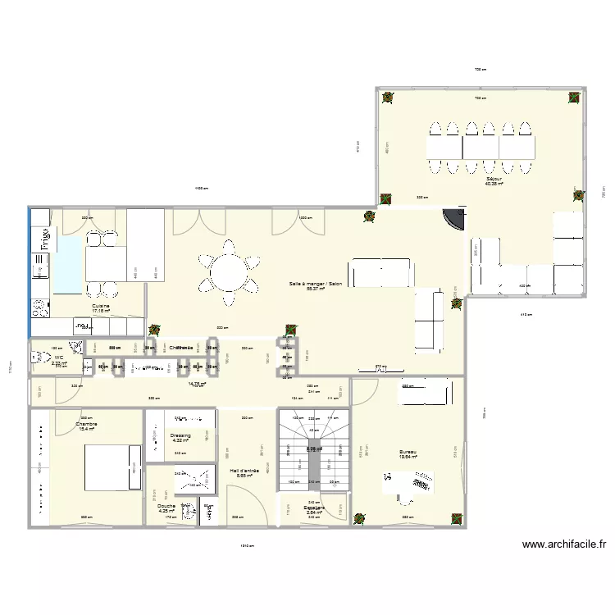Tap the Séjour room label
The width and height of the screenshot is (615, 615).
click(x=493, y=181)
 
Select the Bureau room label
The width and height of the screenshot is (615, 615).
click(x=408, y=455)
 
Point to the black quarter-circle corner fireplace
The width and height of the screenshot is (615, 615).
click(x=452, y=220)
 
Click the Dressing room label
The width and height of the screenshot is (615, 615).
click(x=180, y=438)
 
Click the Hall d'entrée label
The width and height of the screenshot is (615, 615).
click(x=245, y=472)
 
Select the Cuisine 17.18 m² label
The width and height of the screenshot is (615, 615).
click(x=101, y=308)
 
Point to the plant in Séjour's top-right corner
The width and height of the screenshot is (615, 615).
click(x=574, y=98)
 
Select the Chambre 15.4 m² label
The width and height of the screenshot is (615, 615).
click(x=87, y=426)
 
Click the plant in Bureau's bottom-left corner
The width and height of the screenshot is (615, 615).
click(x=359, y=518)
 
